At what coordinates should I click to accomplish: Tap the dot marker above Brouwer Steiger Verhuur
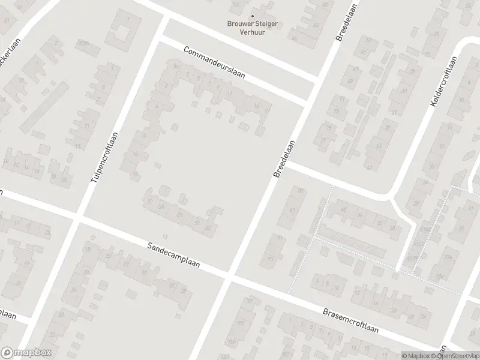point(252,16)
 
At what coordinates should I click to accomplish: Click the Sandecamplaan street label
point(173,255)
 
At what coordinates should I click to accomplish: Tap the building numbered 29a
point(440,277)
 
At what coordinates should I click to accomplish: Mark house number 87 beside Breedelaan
point(292,211)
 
